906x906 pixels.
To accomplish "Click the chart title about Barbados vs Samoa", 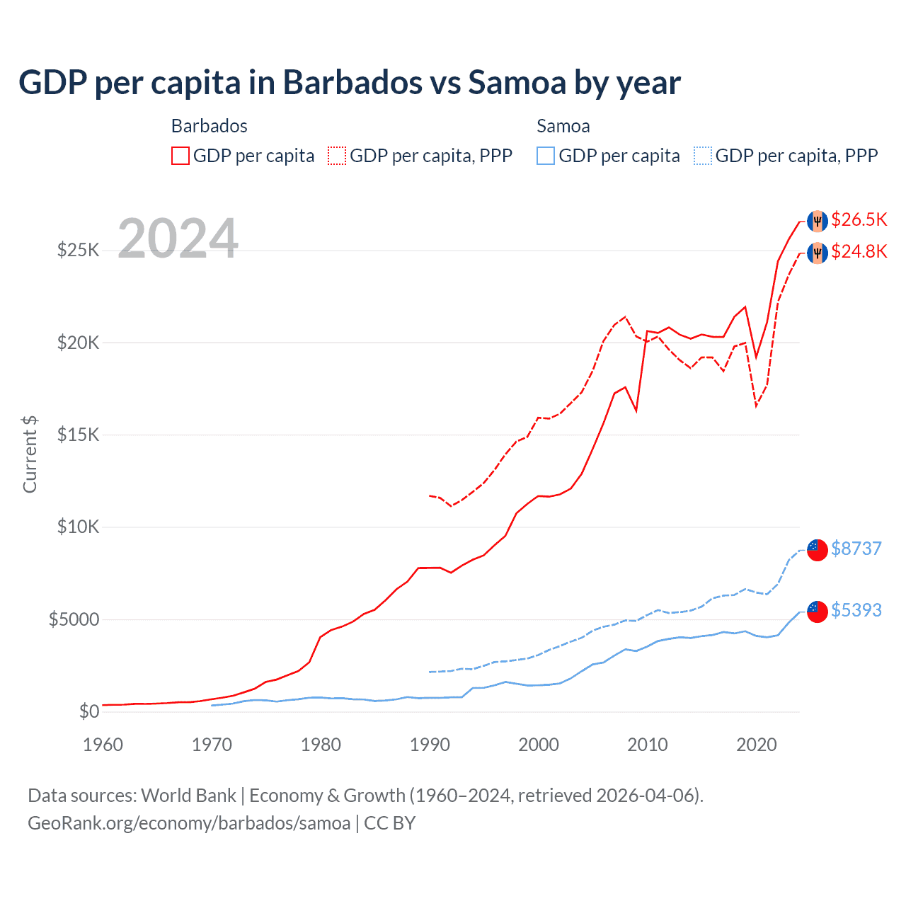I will (x=349, y=83).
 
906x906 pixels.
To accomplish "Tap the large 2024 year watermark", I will (x=178, y=239).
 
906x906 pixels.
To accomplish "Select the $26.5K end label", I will (x=859, y=219).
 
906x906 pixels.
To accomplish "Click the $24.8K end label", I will (x=859, y=251).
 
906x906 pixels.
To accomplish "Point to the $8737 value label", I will (x=856, y=549).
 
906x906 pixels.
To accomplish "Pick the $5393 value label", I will (x=856, y=610).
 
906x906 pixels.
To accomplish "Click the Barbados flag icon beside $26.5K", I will (x=818, y=221).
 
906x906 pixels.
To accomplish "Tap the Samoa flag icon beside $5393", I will (x=818, y=612).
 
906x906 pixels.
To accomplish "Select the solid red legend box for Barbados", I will (x=180, y=156).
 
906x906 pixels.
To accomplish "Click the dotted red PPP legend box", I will (x=337, y=156).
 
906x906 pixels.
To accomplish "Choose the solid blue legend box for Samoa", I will (x=546, y=156).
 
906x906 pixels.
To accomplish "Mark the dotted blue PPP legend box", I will (x=703, y=156).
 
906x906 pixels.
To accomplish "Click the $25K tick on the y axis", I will (x=78, y=250).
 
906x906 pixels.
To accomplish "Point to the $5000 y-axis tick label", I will (x=74, y=620).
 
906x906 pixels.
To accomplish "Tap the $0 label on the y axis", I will (x=88, y=711).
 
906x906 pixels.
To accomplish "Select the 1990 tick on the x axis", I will (x=430, y=745).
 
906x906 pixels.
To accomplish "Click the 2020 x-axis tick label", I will (x=757, y=745).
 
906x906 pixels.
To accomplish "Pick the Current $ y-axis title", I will (x=30, y=454).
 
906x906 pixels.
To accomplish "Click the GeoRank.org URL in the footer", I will (x=189, y=823).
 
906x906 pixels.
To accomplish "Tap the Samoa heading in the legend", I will (x=563, y=126).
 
